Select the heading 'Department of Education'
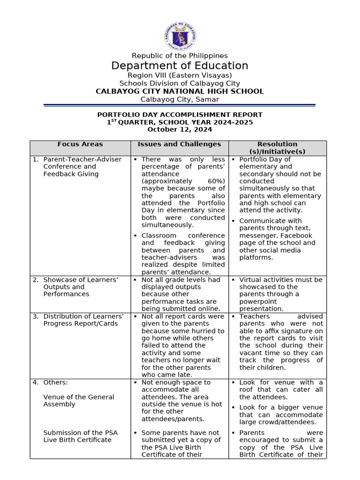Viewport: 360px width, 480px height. point(180,66)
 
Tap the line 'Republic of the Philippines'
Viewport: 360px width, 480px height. point(180,56)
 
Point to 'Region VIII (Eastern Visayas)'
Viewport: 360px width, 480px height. point(180,75)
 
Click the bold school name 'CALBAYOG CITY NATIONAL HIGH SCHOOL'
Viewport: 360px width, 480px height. point(180,91)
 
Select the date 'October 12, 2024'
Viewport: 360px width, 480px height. point(180,129)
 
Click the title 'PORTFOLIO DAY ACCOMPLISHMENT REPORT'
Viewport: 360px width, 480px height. point(180,115)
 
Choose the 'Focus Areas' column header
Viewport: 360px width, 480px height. point(80,144)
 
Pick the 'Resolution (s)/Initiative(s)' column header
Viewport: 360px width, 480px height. point(277,148)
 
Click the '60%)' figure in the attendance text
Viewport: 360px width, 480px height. point(216,181)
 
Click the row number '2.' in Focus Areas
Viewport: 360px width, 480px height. point(36,280)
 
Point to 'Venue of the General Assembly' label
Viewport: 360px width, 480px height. point(78,400)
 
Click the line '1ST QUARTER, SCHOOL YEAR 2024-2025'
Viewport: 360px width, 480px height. point(180,122)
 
